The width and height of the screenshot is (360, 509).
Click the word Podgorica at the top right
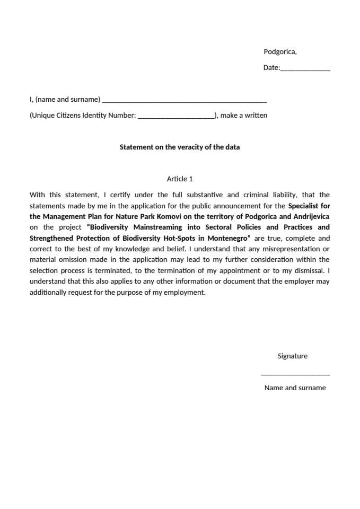279,52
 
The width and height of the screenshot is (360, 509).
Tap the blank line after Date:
305,69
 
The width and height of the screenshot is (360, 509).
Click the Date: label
271,68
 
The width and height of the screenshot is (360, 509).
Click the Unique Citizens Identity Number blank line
175,117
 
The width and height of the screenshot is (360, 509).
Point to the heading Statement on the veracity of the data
179,147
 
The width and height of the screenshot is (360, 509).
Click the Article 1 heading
180,179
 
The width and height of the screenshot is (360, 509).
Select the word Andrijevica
311,216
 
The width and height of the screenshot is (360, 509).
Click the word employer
300,282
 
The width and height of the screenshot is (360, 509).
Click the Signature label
292,356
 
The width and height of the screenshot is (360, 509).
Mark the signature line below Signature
295,374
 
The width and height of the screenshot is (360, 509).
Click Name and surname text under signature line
295,388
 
